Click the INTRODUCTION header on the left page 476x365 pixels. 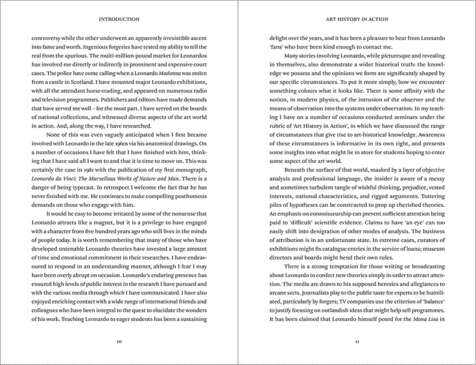119,20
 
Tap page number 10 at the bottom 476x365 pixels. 119,342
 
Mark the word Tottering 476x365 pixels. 433,196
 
